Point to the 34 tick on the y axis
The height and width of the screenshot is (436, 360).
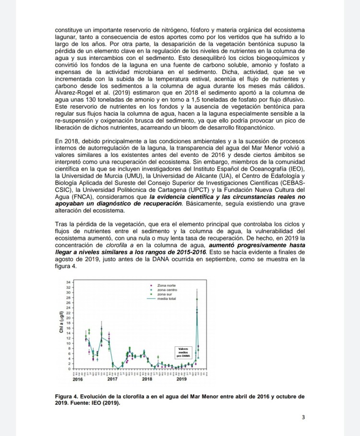coord(68,282)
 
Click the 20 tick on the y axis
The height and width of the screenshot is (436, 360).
coord(68,318)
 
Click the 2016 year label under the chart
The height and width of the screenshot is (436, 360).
coord(77,379)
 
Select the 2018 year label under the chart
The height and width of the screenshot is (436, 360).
coord(147,379)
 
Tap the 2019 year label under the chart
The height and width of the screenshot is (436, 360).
coord(181,379)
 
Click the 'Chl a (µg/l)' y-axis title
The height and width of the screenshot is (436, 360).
coord(62,326)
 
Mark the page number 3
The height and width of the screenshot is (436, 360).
coord(303,417)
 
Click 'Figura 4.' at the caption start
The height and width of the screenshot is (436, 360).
coord(68,397)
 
